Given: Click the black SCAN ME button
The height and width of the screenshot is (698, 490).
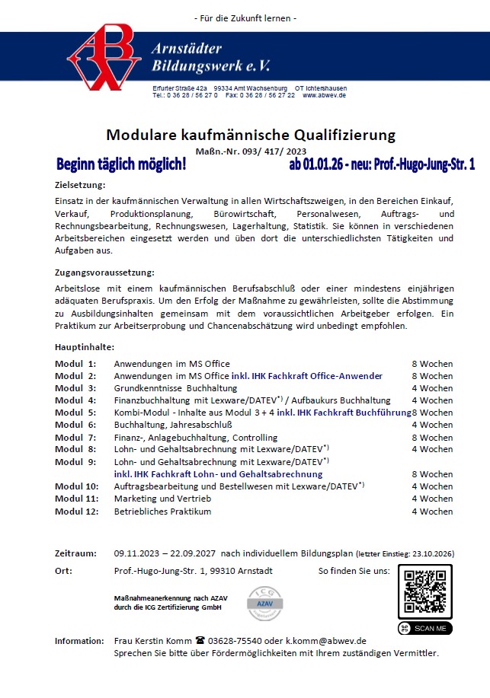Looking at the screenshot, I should pyautogui.click(x=424, y=628).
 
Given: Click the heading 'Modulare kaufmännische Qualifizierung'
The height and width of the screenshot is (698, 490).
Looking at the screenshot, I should pyautogui.click(x=251, y=135).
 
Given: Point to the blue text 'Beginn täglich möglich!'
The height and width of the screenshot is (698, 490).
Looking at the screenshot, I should pyautogui.click(x=121, y=164).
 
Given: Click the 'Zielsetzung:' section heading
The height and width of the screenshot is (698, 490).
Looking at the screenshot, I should pyautogui.click(x=80, y=185).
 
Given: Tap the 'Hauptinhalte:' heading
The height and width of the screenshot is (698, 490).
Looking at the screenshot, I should pyautogui.click(x=85, y=347).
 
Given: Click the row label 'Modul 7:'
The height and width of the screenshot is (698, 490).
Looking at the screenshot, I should pyautogui.click(x=75, y=438).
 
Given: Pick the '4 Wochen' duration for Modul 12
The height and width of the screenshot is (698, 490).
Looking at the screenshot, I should pyautogui.click(x=432, y=512).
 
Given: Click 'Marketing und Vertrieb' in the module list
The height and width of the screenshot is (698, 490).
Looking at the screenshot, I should pyautogui.click(x=162, y=499).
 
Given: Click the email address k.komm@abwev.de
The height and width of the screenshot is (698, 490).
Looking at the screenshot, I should pyautogui.click(x=325, y=641).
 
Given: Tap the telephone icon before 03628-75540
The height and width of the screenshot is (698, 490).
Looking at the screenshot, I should pyautogui.click(x=200, y=641).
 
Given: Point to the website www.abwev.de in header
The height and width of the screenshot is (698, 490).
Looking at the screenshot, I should pyautogui.click(x=325, y=96).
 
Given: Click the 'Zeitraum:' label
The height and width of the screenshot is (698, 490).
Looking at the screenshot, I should pyautogui.click(x=75, y=553).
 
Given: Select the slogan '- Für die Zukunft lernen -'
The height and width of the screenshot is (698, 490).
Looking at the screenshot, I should pyautogui.click(x=245, y=18).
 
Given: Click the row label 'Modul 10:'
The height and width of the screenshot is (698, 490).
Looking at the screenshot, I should pyautogui.click(x=76, y=486).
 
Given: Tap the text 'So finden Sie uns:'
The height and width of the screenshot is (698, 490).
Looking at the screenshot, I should pyautogui.click(x=354, y=570).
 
